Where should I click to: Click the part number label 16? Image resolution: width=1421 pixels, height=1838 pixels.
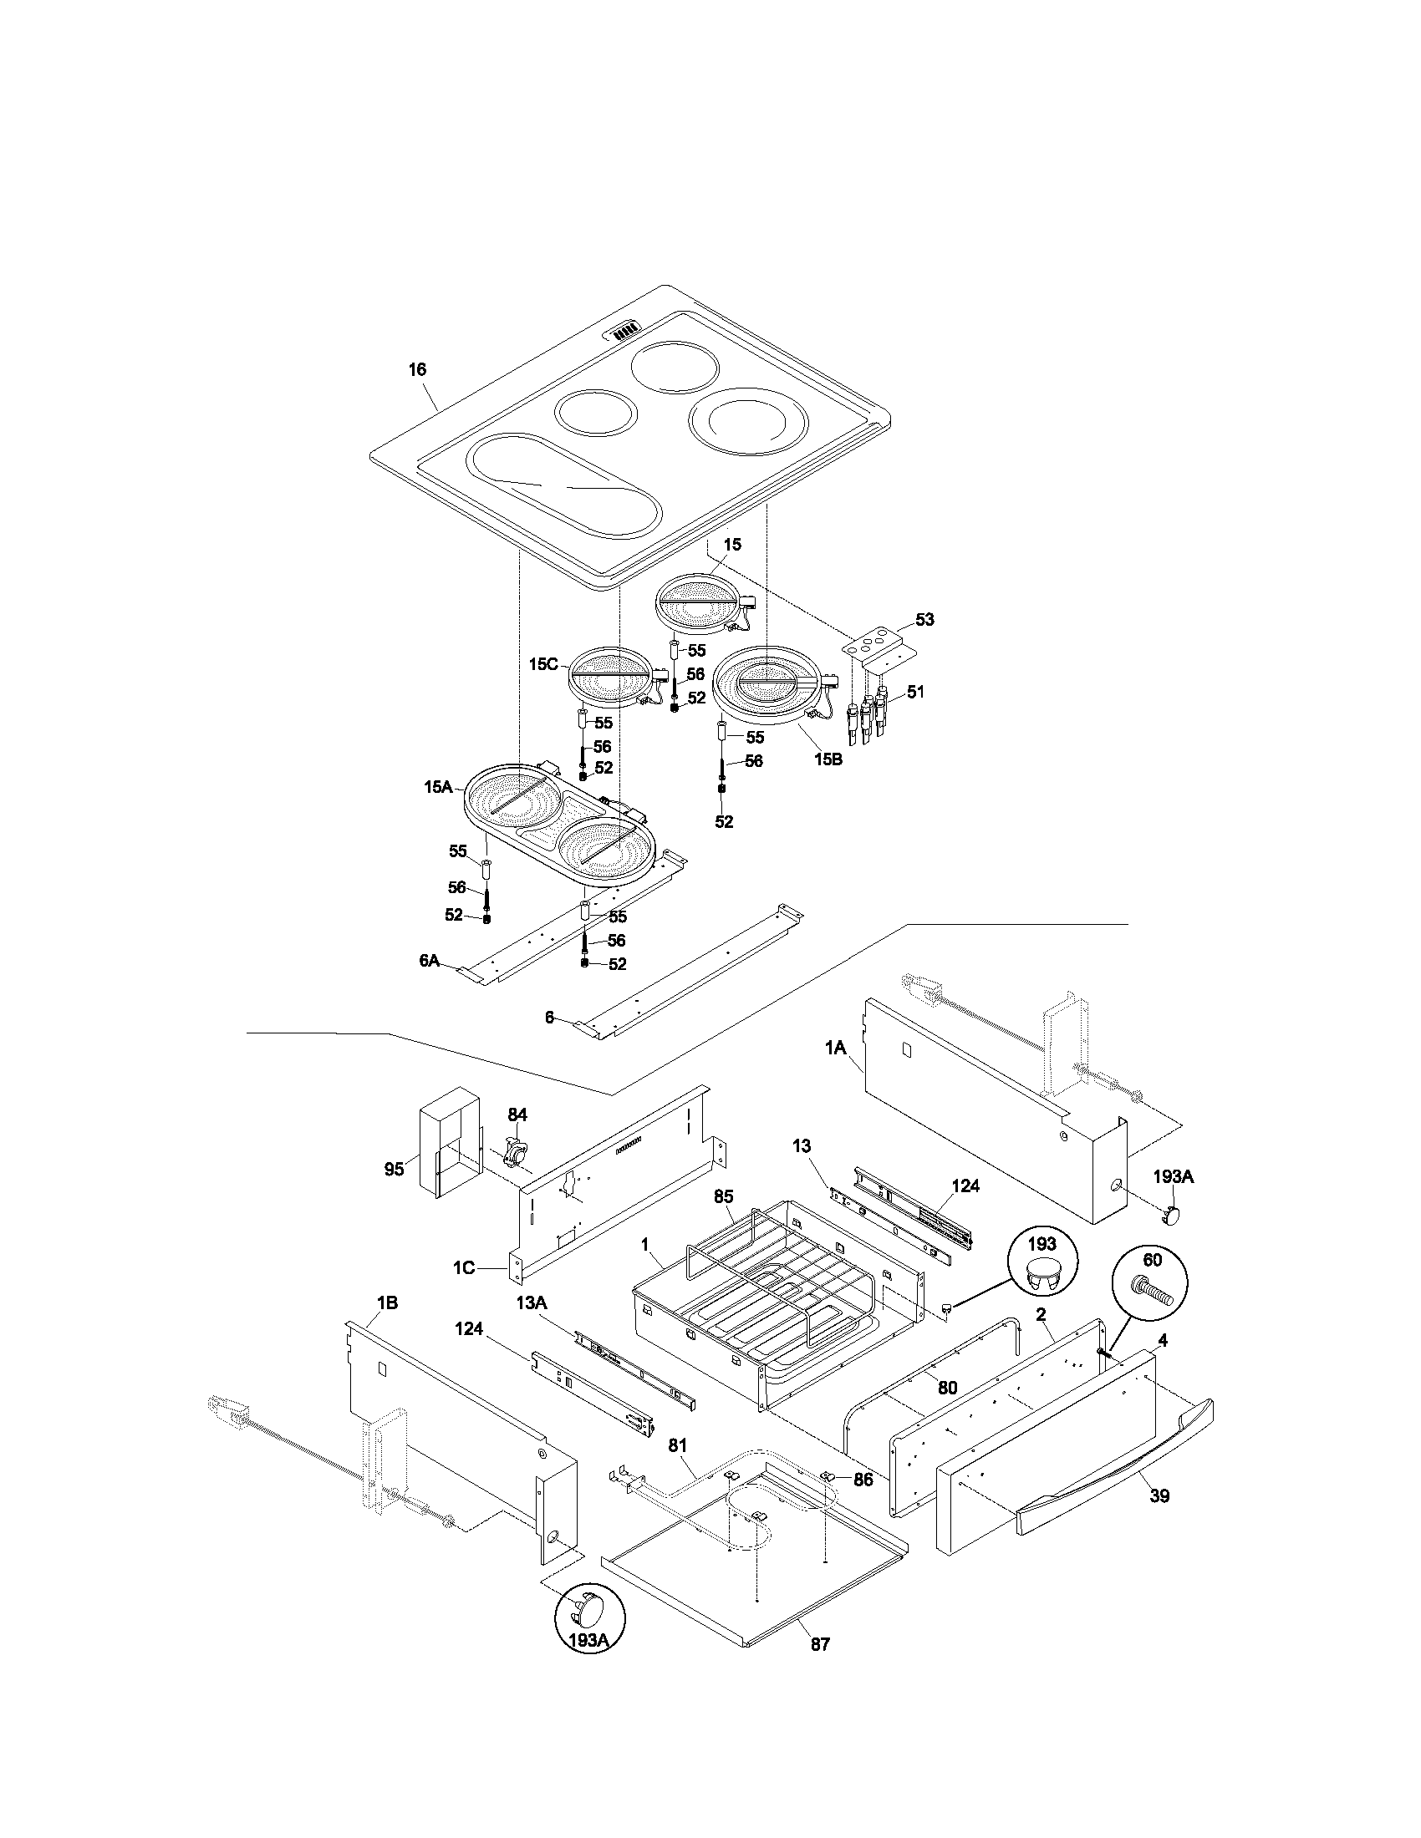tap(418, 369)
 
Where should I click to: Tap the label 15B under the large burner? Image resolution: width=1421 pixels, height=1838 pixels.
tap(828, 759)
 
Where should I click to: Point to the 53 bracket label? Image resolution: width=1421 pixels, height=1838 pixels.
tap(924, 619)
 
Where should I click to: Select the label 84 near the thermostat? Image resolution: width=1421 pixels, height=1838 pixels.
tap(517, 1114)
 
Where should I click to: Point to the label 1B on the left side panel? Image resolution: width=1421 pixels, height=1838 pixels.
tap(387, 1303)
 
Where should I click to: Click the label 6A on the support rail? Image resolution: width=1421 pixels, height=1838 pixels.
tap(430, 960)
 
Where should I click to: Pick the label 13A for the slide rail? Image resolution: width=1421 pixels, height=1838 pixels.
tap(531, 1302)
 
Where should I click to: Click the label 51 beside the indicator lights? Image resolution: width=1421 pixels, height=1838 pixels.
tap(915, 692)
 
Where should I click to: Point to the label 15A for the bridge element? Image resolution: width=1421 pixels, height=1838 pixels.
tap(438, 787)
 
